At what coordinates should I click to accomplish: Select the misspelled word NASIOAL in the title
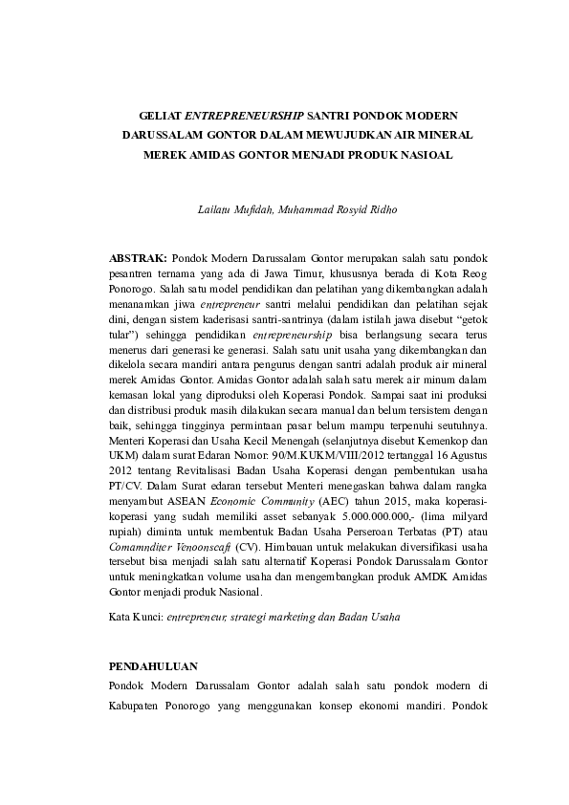tap(424, 154)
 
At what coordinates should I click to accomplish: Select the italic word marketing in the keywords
tap(291, 617)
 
